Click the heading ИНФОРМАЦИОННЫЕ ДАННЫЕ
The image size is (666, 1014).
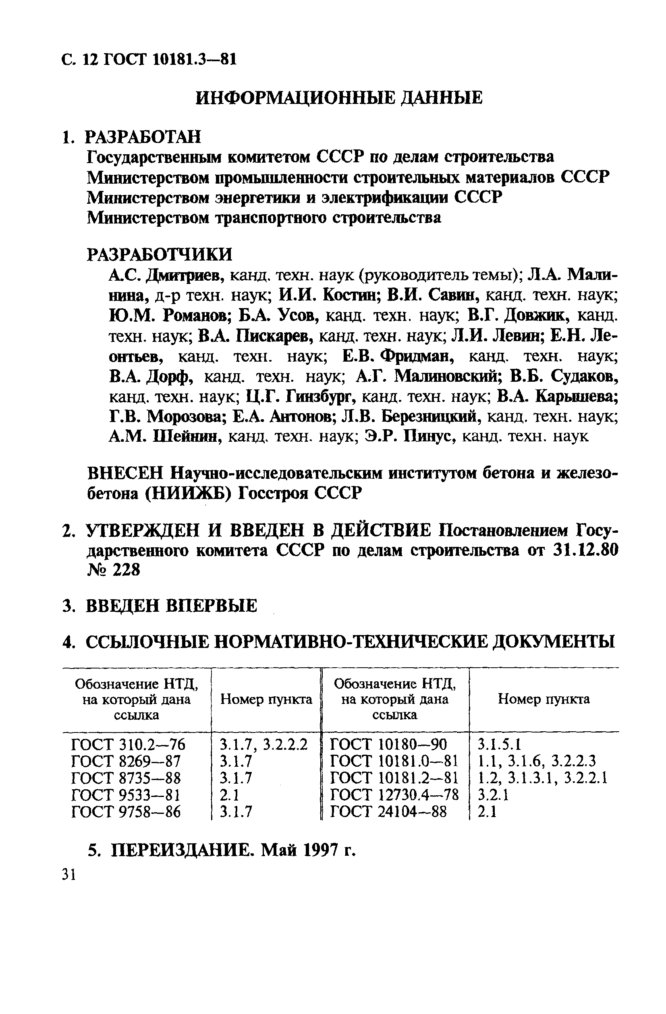tap(339, 98)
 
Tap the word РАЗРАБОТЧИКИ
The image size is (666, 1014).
tap(160, 255)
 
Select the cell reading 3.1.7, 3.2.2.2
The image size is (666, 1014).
tap(263, 744)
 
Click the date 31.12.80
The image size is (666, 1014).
tap(585, 550)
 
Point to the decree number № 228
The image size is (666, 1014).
tap(113, 570)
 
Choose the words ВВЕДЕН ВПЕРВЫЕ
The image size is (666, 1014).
tap(171, 606)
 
